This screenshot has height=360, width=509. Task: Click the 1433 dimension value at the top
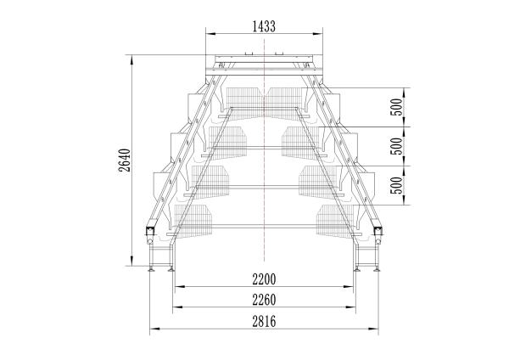point(264,26)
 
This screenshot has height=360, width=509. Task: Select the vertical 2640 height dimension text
point(125,160)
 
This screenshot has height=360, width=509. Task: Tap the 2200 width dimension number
point(264,279)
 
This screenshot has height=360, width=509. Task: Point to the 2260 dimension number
point(264,300)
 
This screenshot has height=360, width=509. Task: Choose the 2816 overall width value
point(264,321)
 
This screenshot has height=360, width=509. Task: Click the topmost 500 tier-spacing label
point(396,107)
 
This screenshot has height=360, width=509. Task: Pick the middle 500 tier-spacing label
point(396,146)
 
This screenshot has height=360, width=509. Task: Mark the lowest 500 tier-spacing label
point(396,185)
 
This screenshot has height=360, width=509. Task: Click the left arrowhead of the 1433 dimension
point(211,33)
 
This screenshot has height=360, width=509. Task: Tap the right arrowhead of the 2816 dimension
point(373,329)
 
